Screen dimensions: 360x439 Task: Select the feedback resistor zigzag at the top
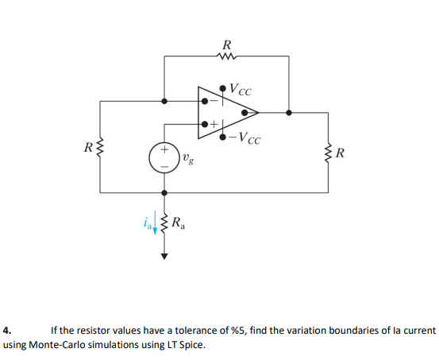pyautogui.click(x=228, y=56)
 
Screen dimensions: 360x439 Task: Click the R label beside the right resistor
pyautogui.click(x=341, y=153)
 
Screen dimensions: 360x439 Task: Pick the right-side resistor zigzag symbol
pyautogui.click(x=328, y=151)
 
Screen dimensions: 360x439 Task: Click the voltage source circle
pyautogui.click(x=165, y=157)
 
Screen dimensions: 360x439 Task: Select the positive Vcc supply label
pyautogui.click(x=243, y=90)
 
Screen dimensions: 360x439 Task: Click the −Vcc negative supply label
pyautogui.click(x=245, y=141)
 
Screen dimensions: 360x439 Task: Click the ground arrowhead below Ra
pyautogui.click(x=165, y=257)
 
